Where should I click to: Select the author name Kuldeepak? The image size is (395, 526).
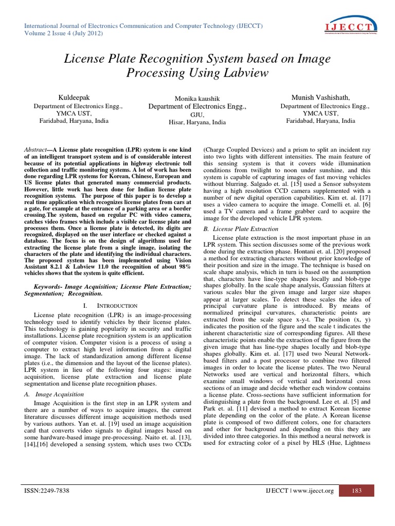click(x=77, y=98)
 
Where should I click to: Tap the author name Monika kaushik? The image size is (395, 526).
click(x=197, y=99)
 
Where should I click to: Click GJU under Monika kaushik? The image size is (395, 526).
click(x=197, y=115)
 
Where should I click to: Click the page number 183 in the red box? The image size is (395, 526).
click(x=357, y=491)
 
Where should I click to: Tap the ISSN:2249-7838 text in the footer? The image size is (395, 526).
click(x=47, y=491)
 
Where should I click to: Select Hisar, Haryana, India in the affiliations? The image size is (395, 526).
click(x=197, y=123)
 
